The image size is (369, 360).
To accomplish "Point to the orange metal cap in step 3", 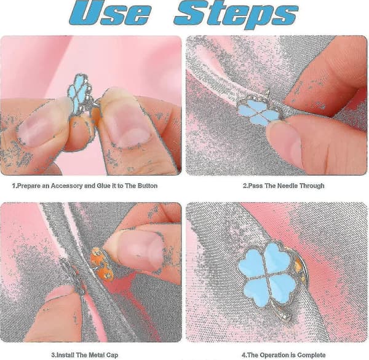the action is tap(102, 263).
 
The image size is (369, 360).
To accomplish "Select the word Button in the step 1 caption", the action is tap(148, 186).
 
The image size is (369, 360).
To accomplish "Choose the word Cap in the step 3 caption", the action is tap(113, 355).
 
